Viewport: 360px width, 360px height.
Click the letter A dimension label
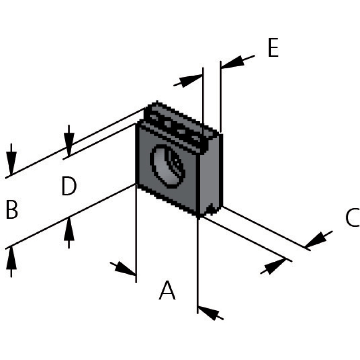click(167, 291)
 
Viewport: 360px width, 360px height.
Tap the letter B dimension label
click(12, 210)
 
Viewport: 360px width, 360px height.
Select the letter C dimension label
click(352, 218)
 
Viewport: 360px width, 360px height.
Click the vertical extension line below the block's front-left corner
click(136, 234)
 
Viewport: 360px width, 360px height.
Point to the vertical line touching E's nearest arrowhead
click(220, 97)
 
